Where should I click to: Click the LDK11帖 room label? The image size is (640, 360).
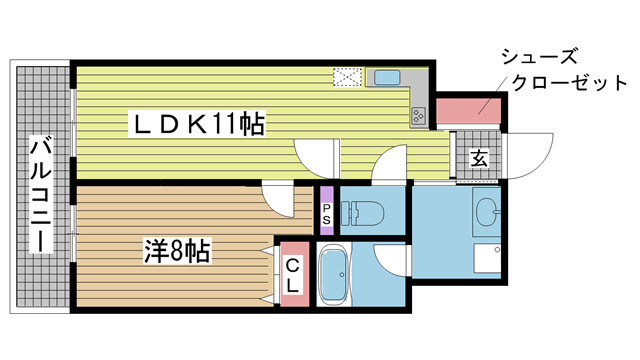click(200, 125)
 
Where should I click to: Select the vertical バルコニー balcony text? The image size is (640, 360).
click(41, 196)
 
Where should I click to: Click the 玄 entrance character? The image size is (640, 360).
click(479, 157)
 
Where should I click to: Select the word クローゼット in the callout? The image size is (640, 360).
click(573, 84)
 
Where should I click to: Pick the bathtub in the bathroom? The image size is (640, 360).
click(333, 275)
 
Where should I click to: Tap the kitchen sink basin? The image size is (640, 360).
click(385, 78)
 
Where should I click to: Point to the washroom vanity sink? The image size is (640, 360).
click(487, 211)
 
